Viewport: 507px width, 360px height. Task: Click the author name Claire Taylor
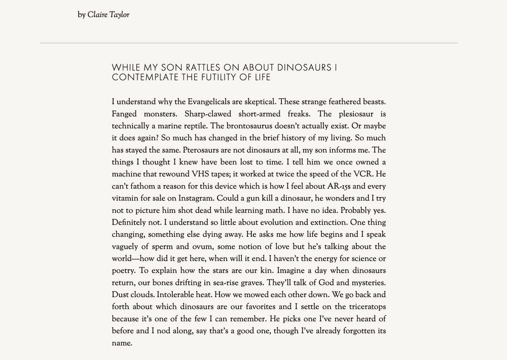pyautogui.click(x=108, y=15)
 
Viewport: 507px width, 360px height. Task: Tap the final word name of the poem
pyautogui.click(x=122, y=343)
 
